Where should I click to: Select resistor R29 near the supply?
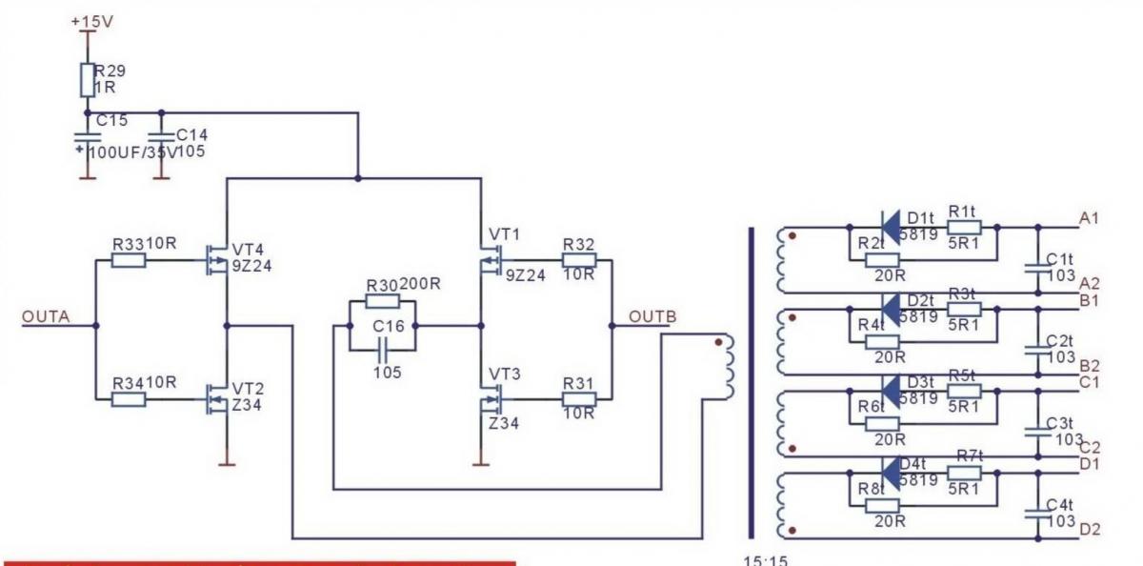pyautogui.click(x=87, y=79)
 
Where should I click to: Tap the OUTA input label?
pyautogui.click(x=46, y=318)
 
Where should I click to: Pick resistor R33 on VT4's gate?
pyautogui.click(x=129, y=259)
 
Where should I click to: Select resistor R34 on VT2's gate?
pyautogui.click(x=129, y=399)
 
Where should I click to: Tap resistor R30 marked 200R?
pyautogui.click(x=382, y=301)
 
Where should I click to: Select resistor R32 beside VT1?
pyautogui.click(x=578, y=259)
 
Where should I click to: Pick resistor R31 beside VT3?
pyautogui.click(x=578, y=398)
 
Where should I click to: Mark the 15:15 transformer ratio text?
pyautogui.click(x=766, y=560)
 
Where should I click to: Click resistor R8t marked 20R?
pyautogui.click(x=883, y=503)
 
